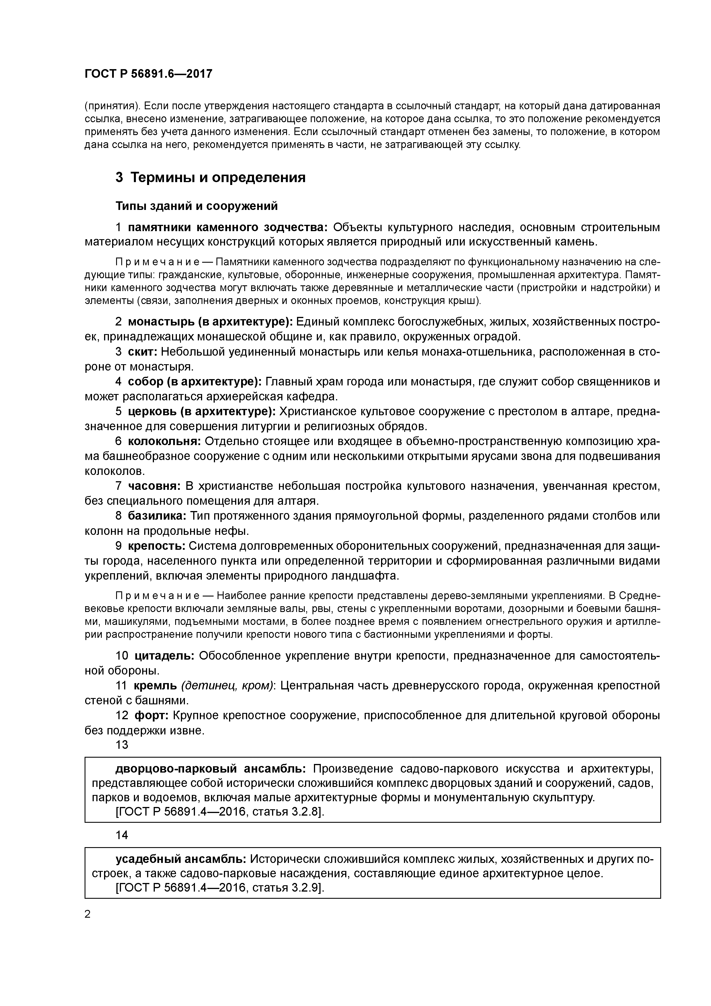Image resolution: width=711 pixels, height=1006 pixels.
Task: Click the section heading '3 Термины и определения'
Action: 210,178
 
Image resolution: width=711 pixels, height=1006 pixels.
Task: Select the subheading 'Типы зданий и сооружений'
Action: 197,206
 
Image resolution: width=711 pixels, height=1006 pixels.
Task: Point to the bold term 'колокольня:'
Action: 164,441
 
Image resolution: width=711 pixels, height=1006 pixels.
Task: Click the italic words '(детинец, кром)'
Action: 227,686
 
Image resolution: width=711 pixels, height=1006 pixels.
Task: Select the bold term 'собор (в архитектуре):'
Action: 194,382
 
